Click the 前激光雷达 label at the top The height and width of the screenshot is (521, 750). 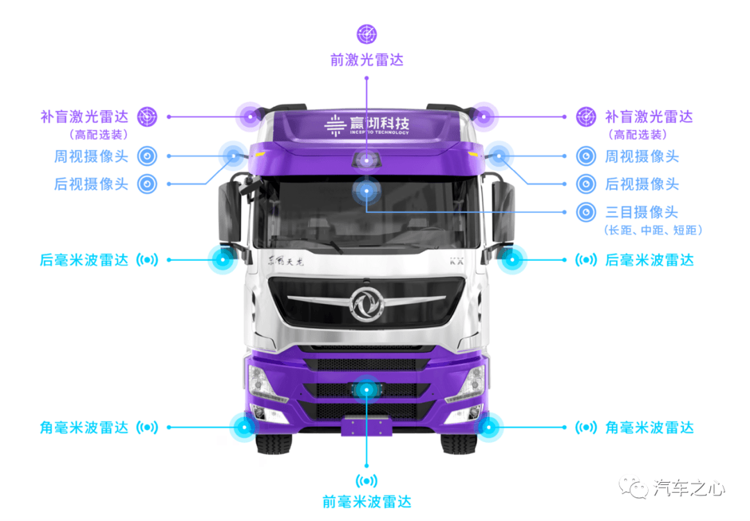point(367,60)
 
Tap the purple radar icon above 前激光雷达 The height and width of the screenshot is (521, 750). point(367,34)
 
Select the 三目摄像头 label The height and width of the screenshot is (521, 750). point(642,212)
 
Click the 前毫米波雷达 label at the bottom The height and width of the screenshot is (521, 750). point(367,502)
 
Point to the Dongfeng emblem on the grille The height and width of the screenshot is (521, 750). point(367,304)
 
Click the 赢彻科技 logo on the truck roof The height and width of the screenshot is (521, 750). point(367,126)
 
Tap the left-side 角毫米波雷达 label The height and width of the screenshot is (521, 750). point(84,427)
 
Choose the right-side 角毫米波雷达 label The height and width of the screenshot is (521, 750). point(649,427)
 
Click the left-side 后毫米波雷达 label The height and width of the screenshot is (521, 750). point(84,260)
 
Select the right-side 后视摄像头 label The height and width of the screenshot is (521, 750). point(642,184)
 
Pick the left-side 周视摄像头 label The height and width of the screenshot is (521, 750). point(92,156)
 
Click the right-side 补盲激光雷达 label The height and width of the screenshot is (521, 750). point(649,117)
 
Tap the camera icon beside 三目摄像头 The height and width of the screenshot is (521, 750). point(586,212)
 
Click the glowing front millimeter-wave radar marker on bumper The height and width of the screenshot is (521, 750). point(367,390)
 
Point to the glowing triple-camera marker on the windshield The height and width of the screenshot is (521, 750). point(367,191)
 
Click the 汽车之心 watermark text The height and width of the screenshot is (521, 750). point(690,488)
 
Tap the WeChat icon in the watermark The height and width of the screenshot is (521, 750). point(634,487)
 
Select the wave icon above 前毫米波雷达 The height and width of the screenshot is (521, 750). point(367,480)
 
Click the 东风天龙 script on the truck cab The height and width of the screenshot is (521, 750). point(285,261)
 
